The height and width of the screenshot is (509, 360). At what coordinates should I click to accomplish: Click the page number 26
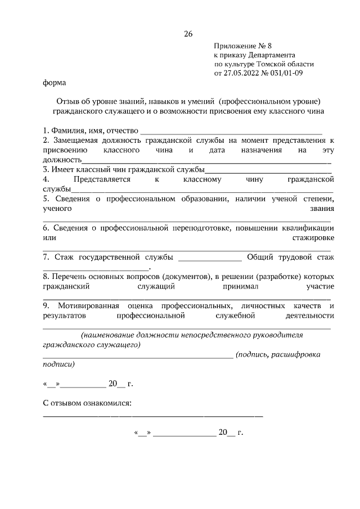point(188,34)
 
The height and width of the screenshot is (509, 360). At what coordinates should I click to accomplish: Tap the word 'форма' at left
point(54,83)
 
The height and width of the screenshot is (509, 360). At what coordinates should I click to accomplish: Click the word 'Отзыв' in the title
point(68,102)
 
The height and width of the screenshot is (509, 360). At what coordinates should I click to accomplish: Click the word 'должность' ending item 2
point(61,160)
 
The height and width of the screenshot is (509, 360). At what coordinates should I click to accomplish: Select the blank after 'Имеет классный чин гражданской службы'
point(268,169)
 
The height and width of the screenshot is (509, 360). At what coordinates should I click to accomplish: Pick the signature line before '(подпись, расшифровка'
point(138,356)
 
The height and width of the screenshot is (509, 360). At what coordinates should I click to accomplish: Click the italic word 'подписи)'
point(58,364)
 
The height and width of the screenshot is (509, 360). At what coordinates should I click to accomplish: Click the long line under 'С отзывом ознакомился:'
point(153,416)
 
